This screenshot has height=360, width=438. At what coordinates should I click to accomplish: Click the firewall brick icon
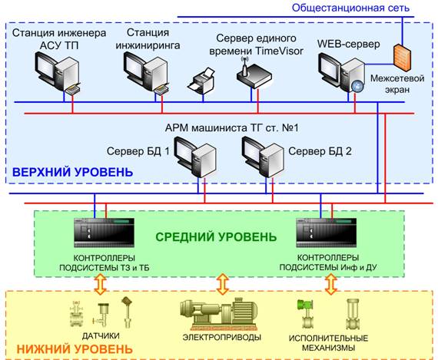pos(402,57)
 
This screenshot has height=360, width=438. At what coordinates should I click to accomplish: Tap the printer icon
pos(201,81)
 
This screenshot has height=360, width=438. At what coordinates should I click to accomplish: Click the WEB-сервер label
pos(348,44)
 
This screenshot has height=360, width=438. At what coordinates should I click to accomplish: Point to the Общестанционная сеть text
pos(350,8)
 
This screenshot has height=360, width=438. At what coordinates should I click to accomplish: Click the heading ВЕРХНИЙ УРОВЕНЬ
pos(73,172)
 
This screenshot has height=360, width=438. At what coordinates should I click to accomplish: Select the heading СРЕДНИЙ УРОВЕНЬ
pos(216,237)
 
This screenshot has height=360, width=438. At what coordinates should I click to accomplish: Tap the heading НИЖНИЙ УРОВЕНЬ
pos(75,349)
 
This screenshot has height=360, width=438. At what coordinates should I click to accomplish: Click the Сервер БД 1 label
pos(138,151)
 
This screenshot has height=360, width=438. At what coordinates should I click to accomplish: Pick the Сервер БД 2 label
pos(320,151)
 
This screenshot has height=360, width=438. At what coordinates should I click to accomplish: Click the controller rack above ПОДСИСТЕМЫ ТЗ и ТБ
pos(104,233)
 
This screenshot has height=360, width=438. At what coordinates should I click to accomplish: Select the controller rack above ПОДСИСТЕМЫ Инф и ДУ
pos(327,233)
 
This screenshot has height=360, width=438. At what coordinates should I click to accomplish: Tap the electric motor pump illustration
pos(219,314)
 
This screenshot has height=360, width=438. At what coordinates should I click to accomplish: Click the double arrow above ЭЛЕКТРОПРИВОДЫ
pos(223,284)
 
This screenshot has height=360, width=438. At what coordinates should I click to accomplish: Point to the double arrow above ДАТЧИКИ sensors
pos(101,284)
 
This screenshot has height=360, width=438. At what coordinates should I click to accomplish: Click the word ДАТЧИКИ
pos(101,335)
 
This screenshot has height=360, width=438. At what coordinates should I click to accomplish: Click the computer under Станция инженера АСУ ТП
pos(58,74)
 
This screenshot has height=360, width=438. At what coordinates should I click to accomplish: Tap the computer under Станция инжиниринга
pos(146,74)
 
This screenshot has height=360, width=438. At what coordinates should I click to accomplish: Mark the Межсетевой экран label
pos(397,84)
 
